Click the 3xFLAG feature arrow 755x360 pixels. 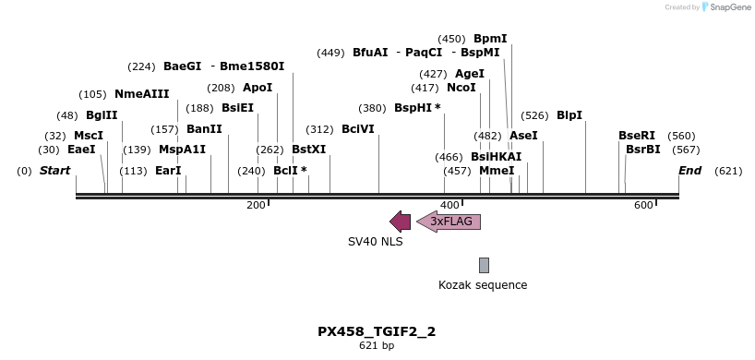[x=449, y=222]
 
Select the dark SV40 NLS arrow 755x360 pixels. [x=401, y=222]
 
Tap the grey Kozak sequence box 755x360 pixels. [x=484, y=265]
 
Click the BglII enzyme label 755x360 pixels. [x=102, y=115]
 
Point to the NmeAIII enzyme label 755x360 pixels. [x=142, y=94]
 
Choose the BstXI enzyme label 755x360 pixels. [x=308, y=149]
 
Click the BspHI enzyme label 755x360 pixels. [x=417, y=108]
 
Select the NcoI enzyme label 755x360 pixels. [x=461, y=88]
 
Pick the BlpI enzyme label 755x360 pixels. [x=569, y=115]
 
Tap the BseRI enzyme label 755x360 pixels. [x=637, y=136]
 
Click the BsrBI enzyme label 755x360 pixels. [x=643, y=149]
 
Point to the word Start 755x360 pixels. [x=55, y=171]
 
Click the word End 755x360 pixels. [x=689, y=171]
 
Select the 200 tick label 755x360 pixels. [x=256, y=205]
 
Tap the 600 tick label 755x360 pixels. [x=643, y=205]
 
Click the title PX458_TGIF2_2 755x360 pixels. [x=377, y=331]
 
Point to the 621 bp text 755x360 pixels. [x=377, y=346]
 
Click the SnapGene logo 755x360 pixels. [x=723, y=7]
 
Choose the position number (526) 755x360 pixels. [x=534, y=115]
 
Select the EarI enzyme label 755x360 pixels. [x=168, y=171]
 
